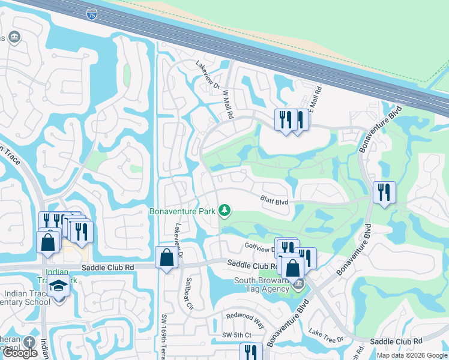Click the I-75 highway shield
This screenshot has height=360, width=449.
point(90,13)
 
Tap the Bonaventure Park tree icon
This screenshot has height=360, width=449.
point(224,210)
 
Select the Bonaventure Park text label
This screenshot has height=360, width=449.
point(182,211)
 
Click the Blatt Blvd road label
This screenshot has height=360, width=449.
point(274,200)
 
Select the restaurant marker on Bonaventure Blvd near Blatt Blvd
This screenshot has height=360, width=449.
point(384,193)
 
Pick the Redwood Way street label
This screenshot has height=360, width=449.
point(245,319)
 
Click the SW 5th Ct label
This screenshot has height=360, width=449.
point(235,335)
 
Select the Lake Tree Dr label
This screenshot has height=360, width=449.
point(325,335)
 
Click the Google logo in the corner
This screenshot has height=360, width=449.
point(20,353)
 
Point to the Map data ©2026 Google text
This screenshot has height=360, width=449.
point(411,355)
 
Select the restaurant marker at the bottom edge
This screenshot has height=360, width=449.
point(251,352)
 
